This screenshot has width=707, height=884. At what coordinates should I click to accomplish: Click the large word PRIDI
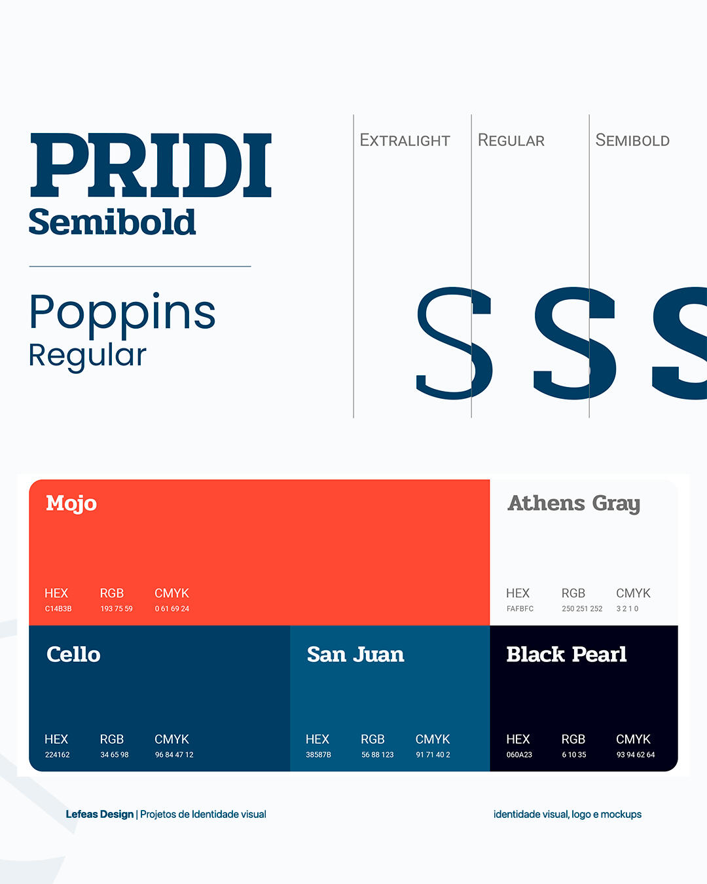[151, 165]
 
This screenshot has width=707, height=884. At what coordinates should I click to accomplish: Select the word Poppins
[122, 312]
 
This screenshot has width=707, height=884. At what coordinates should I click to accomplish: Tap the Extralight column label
[405, 141]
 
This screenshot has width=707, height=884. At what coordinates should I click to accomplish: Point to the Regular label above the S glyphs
[511, 141]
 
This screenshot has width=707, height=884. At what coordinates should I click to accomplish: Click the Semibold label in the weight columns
[632, 141]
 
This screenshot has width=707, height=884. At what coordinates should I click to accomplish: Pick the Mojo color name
[71, 504]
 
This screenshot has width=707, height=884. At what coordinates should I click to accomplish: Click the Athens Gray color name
[574, 504]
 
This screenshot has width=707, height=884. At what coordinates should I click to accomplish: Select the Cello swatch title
[73, 654]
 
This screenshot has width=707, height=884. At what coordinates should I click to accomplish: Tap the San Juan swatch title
[355, 654]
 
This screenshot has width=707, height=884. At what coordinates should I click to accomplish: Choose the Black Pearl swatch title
[566, 654]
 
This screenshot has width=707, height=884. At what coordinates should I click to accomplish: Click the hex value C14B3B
[58, 609]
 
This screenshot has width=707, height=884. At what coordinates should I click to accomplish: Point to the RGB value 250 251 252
[582, 609]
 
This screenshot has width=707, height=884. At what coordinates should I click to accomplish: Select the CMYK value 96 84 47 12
[174, 754]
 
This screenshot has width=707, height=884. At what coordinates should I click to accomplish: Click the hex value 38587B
[318, 754]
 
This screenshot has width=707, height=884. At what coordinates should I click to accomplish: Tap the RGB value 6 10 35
[574, 754]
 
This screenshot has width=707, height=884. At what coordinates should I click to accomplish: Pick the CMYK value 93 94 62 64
[636, 754]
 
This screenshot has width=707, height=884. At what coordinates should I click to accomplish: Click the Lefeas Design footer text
[100, 814]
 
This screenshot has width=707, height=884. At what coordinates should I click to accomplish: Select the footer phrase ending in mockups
[568, 814]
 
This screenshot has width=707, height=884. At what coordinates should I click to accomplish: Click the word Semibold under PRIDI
[112, 222]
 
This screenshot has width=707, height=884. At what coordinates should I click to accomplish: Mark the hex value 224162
[57, 754]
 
